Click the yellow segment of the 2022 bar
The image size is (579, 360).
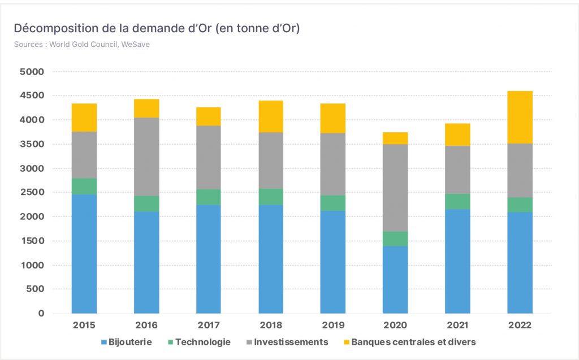[x=520, y=117]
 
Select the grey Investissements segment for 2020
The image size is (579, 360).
[x=395, y=188]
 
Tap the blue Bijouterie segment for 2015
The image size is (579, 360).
[x=84, y=254]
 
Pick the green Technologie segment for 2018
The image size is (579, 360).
[x=271, y=197]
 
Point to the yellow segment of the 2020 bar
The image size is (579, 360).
[x=395, y=138]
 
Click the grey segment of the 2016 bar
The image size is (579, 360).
[x=146, y=157]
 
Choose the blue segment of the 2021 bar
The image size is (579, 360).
[x=457, y=262]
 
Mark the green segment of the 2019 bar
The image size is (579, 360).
[x=332, y=203]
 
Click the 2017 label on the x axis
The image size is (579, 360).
[x=209, y=326]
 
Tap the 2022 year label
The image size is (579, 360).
[x=520, y=326]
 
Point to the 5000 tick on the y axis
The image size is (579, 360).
[x=32, y=72]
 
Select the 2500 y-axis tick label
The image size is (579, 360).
[x=32, y=192]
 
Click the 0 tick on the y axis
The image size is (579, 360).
[x=41, y=314]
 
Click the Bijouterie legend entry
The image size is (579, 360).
[x=126, y=342]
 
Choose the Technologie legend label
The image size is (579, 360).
[x=203, y=342]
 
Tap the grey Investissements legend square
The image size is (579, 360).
[x=249, y=342]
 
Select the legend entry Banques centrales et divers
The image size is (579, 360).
[x=409, y=342]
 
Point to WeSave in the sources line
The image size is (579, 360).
[x=136, y=44]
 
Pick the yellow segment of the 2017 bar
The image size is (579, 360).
[x=209, y=116]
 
